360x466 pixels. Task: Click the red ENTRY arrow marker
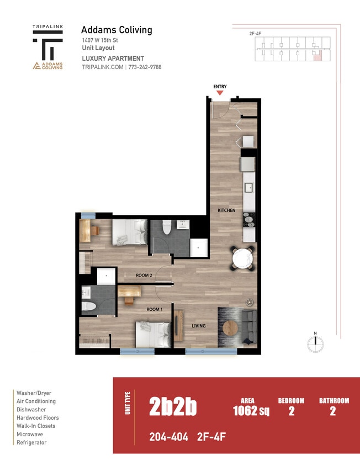coord(220,93)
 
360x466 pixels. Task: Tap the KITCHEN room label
coord(226,210)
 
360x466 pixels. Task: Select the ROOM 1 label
coord(154,310)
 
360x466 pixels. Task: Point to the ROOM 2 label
coord(145,274)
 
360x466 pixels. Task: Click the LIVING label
coord(198,326)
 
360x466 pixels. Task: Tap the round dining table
coord(242,258)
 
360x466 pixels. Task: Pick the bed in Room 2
coord(130,232)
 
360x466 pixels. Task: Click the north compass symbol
coord(315,343)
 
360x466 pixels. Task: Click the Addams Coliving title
coord(117,30)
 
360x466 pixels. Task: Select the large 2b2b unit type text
coord(173,407)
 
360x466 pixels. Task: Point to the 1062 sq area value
coord(251,411)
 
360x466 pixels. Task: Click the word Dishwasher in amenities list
coord(31,410)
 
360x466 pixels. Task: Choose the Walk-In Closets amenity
coord(36,426)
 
